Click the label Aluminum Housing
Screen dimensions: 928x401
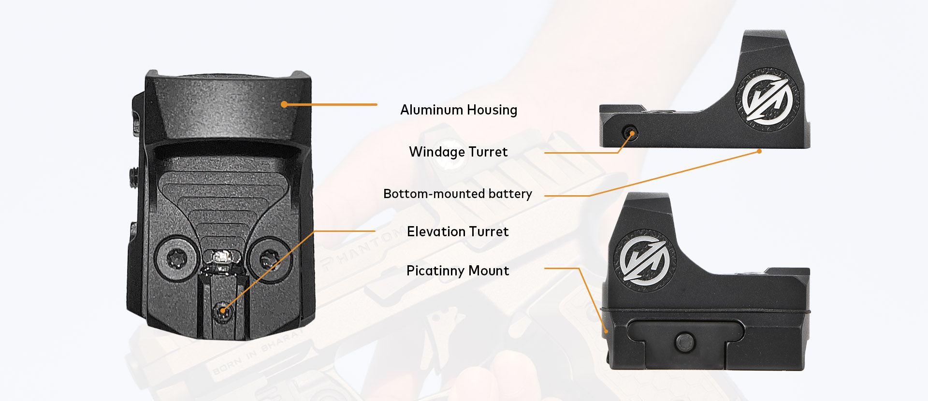coord(459,110)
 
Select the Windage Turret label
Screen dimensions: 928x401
coord(458,152)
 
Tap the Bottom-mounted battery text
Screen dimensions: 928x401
coord(458,194)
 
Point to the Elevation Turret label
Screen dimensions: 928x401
coord(458,231)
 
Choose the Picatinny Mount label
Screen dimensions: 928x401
coord(458,271)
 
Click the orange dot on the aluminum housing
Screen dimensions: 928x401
coord(284,104)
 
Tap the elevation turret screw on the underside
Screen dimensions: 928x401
coord(223,310)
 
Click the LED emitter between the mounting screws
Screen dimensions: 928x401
coord(222,257)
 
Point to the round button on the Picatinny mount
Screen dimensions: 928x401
coord(685,342)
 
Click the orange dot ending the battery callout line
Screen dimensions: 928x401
coord(759,151)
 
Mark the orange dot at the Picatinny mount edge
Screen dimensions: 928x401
coord(606,331)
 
